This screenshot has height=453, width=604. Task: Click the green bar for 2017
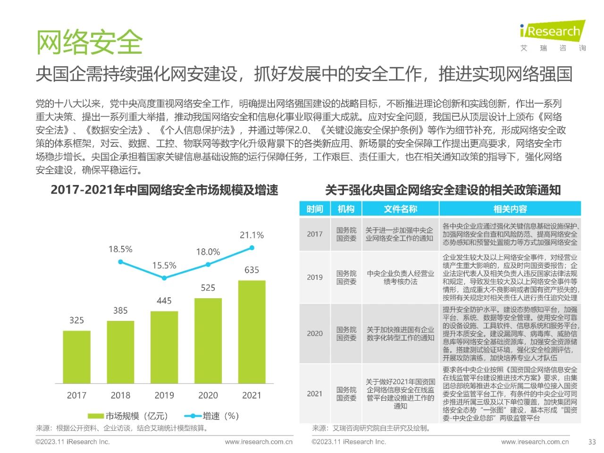[x=76, y=357]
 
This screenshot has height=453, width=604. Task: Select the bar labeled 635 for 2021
[x=252, y=332]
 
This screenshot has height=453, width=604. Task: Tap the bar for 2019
[x=164, y=347]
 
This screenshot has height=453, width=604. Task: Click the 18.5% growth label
[x=120, y=249]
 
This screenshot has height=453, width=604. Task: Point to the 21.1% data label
[x=252, y=235]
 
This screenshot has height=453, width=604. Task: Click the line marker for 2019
[x=164, y=278]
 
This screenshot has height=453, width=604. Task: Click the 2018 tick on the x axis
[x=120, y=395]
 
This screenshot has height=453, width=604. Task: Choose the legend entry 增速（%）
[x=212, y=416]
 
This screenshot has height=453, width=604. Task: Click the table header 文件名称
[x=400, y=209]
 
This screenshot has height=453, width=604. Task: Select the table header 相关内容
[x=510, y=209]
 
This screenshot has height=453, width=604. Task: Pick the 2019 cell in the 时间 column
[x=315, y=277]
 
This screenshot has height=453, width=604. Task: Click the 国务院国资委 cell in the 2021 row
[x=346, y=394]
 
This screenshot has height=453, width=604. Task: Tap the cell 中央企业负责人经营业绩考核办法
[x=400, y=277]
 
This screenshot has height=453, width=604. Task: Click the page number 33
[x=592, y=442]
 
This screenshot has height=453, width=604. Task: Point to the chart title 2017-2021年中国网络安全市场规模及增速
[x=164, y=190]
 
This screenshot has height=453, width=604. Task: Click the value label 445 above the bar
[x=164, y=301]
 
